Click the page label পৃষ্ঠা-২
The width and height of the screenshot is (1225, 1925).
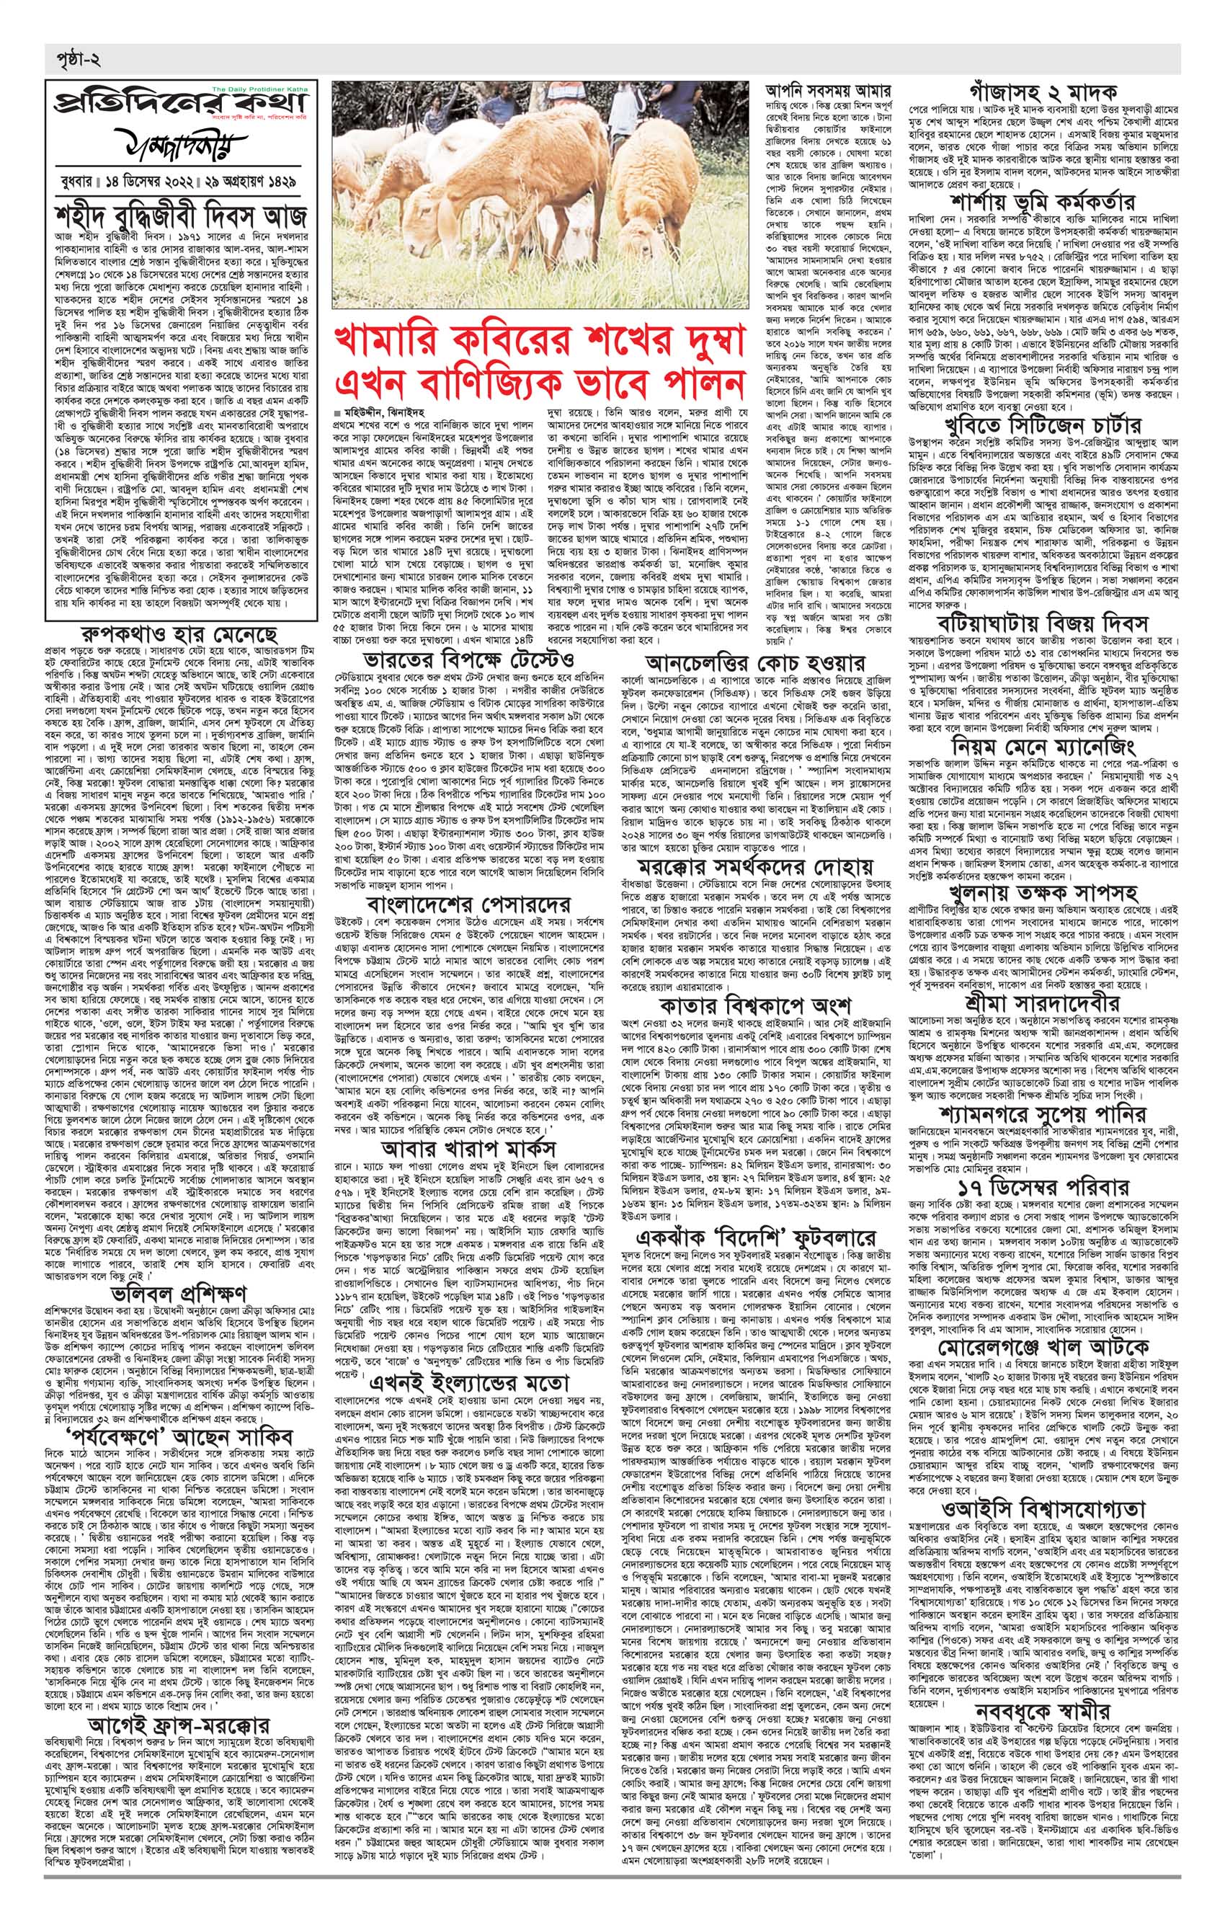point(73,59)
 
